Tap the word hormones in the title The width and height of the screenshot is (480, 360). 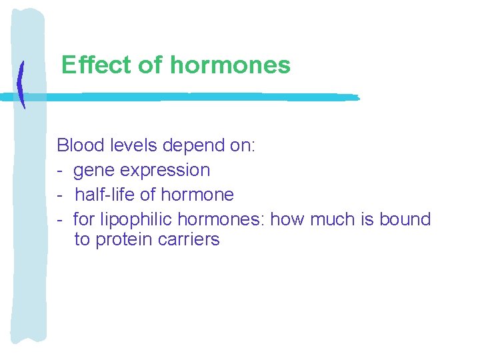(230, 65)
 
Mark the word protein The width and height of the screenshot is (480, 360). (126, 240)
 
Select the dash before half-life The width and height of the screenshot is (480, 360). (60, 195)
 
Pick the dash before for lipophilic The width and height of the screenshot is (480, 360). (60, 219)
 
